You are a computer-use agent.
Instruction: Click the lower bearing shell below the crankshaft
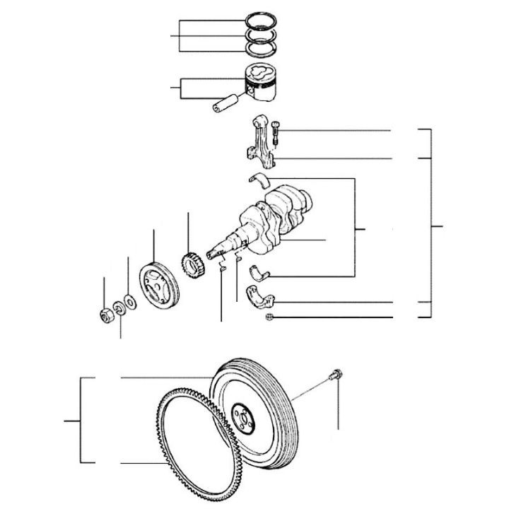[263, 269]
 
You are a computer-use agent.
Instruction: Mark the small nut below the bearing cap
[271, 317]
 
